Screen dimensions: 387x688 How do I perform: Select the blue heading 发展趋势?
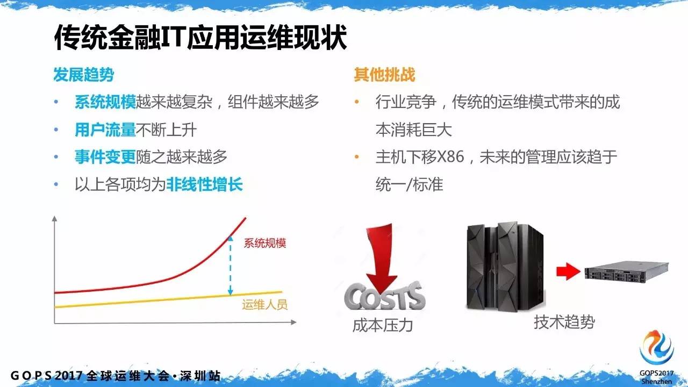point(83,75)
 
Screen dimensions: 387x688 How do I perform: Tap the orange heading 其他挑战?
point(384,75)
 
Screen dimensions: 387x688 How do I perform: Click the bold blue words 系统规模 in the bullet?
point(105,102)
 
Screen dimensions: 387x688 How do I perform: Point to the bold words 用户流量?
point(105,130)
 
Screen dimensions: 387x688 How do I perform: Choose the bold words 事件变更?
point(105,157)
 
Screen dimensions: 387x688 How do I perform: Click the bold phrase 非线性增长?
point(204,185)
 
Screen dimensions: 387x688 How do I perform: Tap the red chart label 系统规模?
point(264,243)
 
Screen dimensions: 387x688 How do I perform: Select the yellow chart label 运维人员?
point(264,305)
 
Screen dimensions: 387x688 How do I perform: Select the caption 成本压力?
point(382,325)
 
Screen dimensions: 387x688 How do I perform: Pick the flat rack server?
point(626,271)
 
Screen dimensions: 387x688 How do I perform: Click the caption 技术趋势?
point(564,322)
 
